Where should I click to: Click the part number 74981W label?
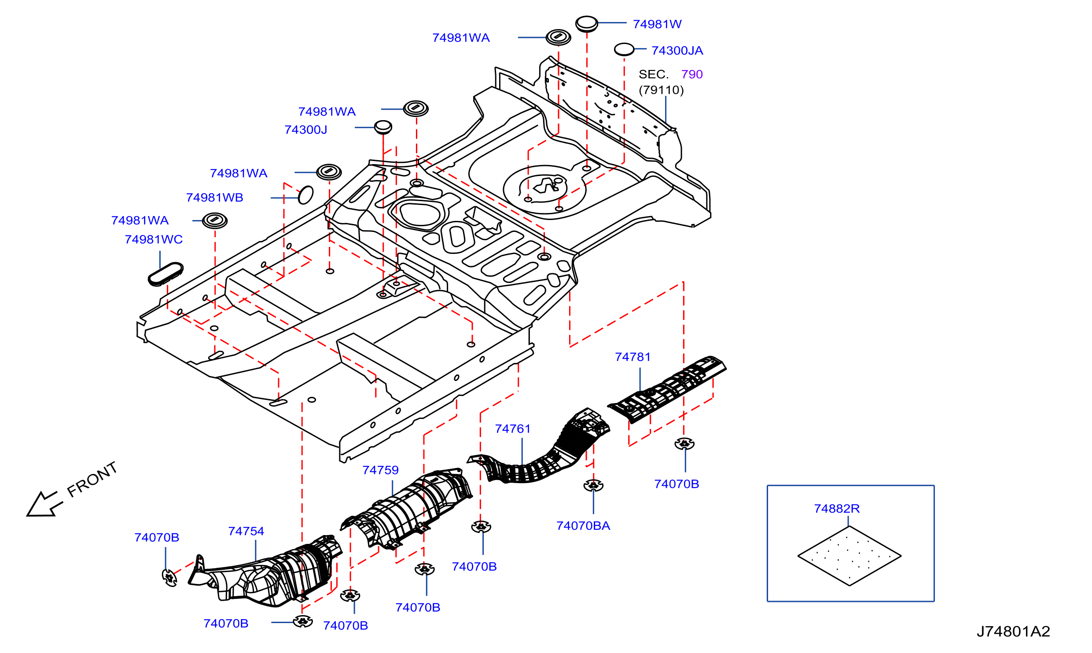coord(657,24)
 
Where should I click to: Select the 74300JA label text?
coord(677,51)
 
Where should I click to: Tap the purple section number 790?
coord(692,74)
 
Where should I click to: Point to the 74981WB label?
coord(214,198)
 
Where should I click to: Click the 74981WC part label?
coord(154,239)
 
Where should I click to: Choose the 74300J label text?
coord(306,130)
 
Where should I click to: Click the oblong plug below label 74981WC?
coord(165,274)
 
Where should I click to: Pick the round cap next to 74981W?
coord(587,23)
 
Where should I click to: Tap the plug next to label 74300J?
coord(383,127)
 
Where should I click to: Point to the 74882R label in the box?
coord(837,509)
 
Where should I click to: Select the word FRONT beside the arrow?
coord(92,479)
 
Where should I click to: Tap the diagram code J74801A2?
coord(1013,631)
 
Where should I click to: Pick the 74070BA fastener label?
coord(583,526)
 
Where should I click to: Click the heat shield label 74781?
coord(632,357)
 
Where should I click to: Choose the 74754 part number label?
coord(246,531)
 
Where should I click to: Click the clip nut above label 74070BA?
coord(593,485)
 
